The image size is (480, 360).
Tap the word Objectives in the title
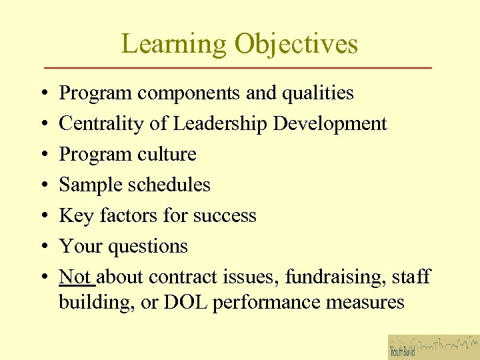(296, 44)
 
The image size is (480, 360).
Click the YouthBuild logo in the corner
(433, 347)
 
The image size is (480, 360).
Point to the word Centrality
(102, 124)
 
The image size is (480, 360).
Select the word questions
(147, 247)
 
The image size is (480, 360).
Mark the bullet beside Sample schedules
(43, 185)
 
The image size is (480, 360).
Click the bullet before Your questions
(43, 247)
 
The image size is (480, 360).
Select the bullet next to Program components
(43, 93)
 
